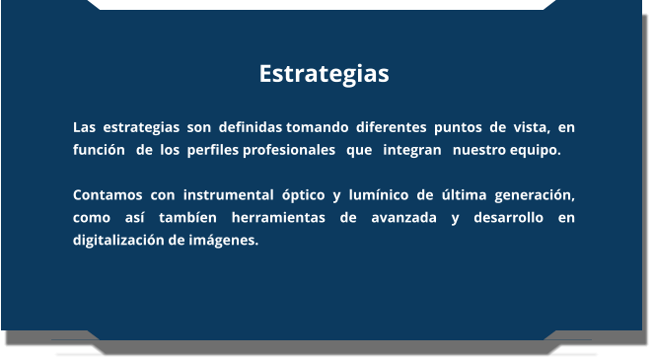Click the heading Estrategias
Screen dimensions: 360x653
pyautogui.click(x=325, y=74)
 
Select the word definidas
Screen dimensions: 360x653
pyautogui.click(x=251, y=128)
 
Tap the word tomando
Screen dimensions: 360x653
pyautogui.click(x=317, y=128)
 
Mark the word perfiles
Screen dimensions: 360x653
pyautogui.click(x=212, y=151)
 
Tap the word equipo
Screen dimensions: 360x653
pyautogui.click(x=535, y=151)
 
